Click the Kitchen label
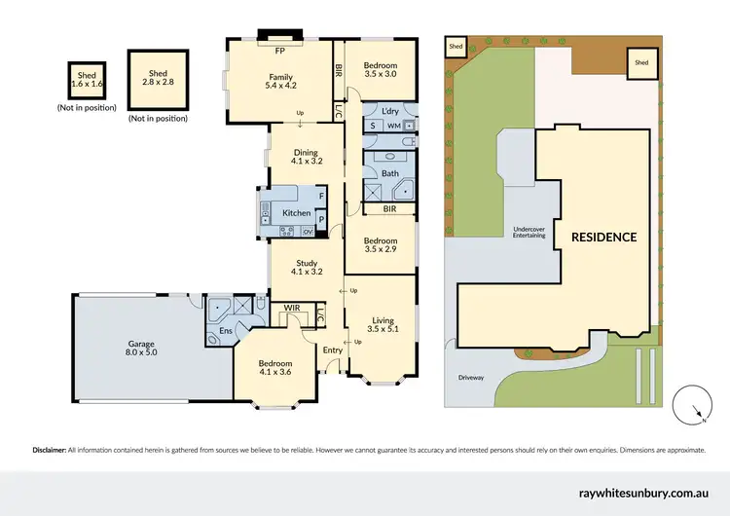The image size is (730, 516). pyautogui.click(x=296, y=213)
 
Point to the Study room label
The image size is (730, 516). pyautogui.click(x=307, y=266)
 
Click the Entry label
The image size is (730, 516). pyautogui.click(x=333, y=350)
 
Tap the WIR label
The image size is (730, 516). pyautogui.click(x=291, y=308)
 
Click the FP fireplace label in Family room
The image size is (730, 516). pyautogui.click(x=280, y=50)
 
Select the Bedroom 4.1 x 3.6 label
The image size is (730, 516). pyautogui.click(x=275, y=367)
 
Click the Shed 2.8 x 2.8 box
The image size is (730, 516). pyautogui.click(x=157, y=79)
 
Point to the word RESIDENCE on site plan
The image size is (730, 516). pyautogui.click(x=603, y=237)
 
